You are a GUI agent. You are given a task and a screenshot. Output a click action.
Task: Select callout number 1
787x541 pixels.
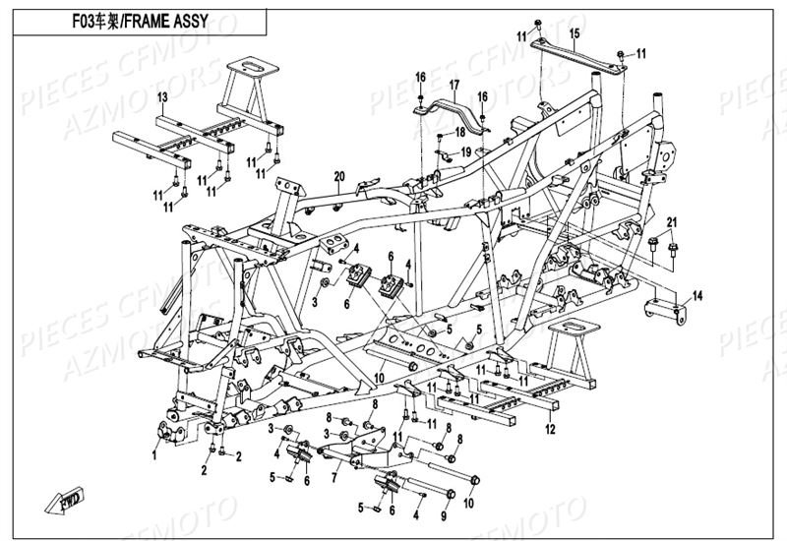point(154,454)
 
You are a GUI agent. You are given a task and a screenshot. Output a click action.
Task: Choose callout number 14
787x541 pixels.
point(696,295)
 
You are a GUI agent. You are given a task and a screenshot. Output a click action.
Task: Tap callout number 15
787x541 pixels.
point(574,34)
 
